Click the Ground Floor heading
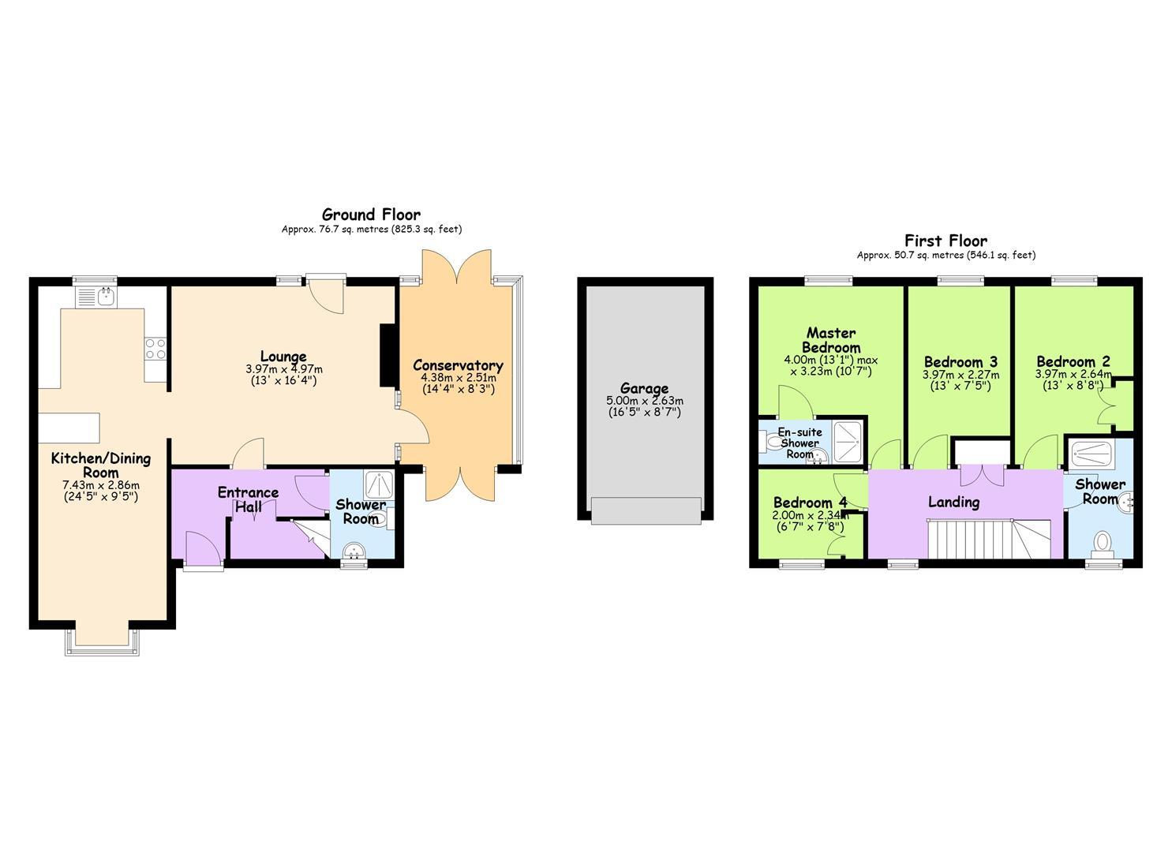pos(371,215)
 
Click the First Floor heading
pos(946,241)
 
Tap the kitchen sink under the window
pos(97,297)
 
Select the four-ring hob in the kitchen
pos(155,349)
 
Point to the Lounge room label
pos(283,357)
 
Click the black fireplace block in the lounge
pos(388,356)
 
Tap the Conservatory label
pos(458,365)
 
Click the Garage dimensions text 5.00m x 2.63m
pos(645,402)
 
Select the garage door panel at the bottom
pos(646,510)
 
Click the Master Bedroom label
pos(831,340)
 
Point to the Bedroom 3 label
pos(960,362)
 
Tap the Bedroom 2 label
pos(1073,361)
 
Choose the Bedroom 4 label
pos(810,503)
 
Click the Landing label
pos(954,502)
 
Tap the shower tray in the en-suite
pos(847,442)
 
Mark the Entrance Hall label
pos(248,499)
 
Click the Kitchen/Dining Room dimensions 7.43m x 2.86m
pos(101,485)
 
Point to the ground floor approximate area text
pos(372,229)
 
